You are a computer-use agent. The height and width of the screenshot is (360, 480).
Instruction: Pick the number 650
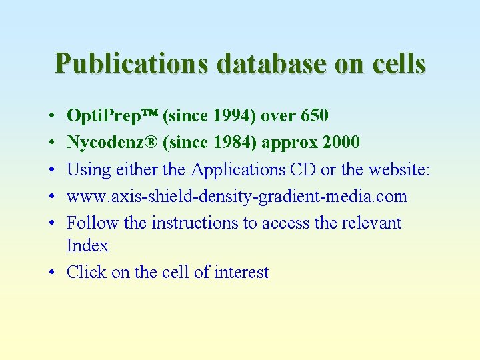tap(315, 116)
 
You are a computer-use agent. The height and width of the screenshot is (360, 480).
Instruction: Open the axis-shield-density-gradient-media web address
tap(237, 197)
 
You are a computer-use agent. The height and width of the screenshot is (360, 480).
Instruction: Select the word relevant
tap(371, 223)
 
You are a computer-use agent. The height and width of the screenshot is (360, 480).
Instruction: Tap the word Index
tap(87, 245)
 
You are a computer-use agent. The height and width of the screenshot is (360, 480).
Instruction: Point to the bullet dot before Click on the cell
tap(52, 273)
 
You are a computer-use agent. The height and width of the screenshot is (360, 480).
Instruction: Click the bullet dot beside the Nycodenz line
tap(52, 143)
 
